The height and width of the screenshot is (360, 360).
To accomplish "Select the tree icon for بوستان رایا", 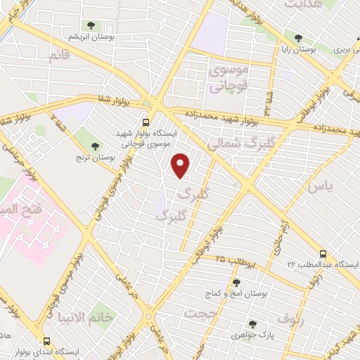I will (x=299, y=38).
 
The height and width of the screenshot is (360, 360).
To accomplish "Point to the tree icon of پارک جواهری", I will (x=252, y=324).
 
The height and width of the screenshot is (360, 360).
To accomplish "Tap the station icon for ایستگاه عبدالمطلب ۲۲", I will (x=323, y=253).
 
